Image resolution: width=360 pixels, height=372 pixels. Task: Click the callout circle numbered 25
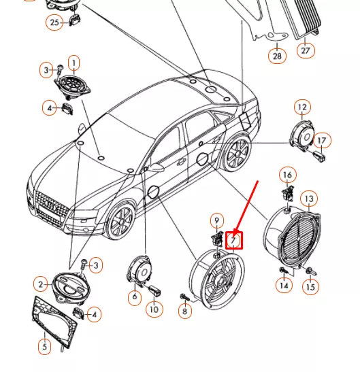54,22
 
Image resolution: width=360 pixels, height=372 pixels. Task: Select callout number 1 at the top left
73,63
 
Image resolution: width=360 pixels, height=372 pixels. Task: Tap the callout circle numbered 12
301,107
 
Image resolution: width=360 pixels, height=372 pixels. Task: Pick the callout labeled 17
322,141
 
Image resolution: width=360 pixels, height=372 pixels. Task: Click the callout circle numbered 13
309,199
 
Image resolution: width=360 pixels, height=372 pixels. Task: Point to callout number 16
287,175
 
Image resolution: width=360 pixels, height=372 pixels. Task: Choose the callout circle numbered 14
284,287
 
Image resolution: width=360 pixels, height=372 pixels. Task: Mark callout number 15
310,287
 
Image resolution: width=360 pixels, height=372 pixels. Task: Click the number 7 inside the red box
234,239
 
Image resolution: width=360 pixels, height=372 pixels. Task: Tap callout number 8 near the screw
183,311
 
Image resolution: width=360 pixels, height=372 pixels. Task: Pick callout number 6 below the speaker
134,297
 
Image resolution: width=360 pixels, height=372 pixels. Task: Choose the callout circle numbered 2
41,284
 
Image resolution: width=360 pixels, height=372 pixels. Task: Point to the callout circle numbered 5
44,347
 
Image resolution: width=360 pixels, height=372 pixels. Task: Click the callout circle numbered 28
277,56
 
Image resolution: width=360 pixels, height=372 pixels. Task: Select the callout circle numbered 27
306,50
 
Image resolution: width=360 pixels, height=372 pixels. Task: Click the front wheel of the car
120,222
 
